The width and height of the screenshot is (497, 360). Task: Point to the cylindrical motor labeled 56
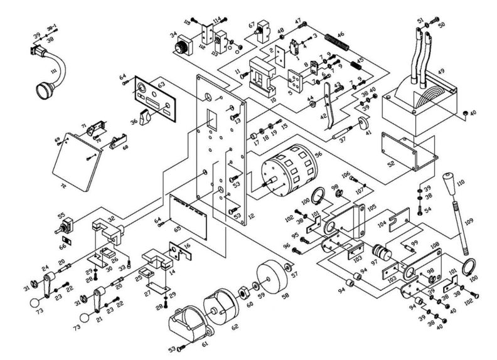(x=288, y=170)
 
